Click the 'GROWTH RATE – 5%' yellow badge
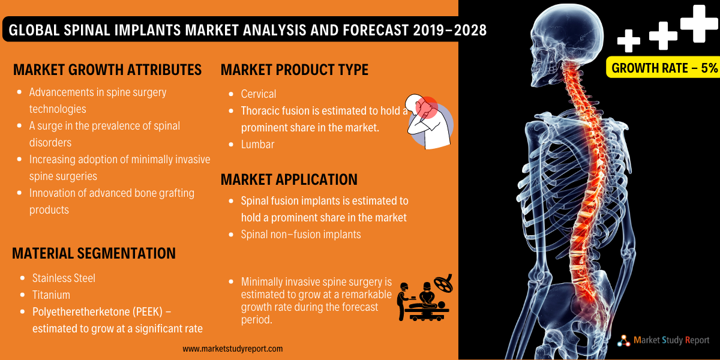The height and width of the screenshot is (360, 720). click(x=663, y=67)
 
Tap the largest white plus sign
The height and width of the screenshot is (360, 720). click(x=700, y=23)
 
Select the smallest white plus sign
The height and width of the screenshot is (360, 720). click(x=629, y=41)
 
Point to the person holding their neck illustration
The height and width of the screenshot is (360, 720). click(x=429, y=121)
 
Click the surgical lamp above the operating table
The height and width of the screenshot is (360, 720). click(x=443, y=283)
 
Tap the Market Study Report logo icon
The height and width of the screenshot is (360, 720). click(x=623, y=341)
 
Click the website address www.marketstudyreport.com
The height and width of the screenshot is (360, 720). click(x=233, y=349)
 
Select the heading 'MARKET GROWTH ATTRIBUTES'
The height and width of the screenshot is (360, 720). click(x=107, y=70)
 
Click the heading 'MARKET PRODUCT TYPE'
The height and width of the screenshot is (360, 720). click(x=295, y=70)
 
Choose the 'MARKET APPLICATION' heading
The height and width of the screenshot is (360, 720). click(x=289, y=179)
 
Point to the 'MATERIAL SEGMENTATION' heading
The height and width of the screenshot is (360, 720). click(x=94, y=253)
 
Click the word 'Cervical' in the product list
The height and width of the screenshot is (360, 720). click(x=259, y=94)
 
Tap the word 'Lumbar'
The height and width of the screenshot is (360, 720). click(x=258, y=145)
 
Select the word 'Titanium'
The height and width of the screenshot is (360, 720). click(x=51, y=295)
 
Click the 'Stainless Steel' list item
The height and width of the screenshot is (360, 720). click(x=64, y=278)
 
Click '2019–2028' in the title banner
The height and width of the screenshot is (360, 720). click(x=449, y=30)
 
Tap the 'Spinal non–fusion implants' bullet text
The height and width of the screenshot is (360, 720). click(x=301, y=235)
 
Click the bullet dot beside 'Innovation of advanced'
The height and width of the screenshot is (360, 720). click(x=20, y=193)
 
